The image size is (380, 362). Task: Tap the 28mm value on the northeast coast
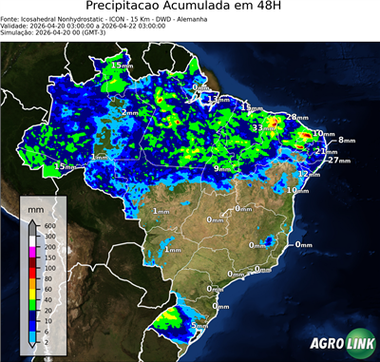click(x=297, y=116)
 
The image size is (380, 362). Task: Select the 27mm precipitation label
click(x=338, y=161)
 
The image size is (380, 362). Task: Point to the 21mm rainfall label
click(x=326, y=151)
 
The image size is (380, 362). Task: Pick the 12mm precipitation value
click(x=308, y=175)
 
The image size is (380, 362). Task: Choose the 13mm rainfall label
click(x=220, y=99)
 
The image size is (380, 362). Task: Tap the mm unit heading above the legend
click(x=36, y=206)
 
